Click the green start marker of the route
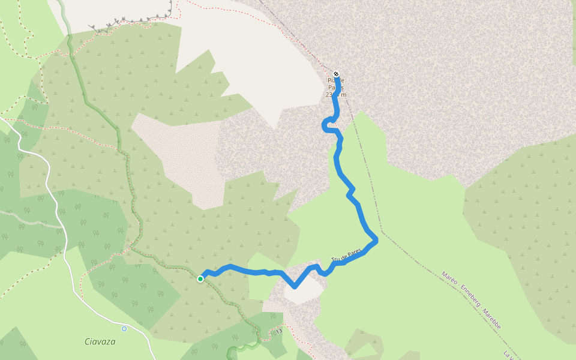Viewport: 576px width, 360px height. (200, 278)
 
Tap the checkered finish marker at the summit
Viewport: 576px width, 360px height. (336, 74)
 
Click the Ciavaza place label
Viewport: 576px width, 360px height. (100, 341)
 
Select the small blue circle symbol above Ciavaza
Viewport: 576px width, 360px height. (124, 329)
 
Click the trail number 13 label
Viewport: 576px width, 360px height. (279, 331)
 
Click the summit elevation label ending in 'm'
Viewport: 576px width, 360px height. (336, 95)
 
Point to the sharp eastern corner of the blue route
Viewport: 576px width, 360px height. (376, 241)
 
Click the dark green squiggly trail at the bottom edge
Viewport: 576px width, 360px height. (243, 348)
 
